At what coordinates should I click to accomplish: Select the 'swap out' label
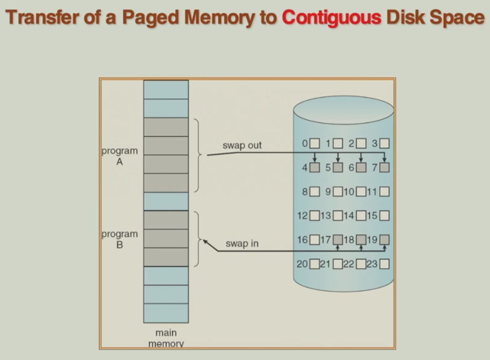242,145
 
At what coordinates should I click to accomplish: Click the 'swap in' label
242,244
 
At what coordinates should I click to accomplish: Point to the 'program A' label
119,156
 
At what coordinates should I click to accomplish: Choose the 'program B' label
119,239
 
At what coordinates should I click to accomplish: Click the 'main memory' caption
165,339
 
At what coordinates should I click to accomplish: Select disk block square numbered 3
384,143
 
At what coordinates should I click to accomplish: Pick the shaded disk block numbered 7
384,167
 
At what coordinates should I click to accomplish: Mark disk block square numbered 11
384,192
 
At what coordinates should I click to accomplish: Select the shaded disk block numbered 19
384,240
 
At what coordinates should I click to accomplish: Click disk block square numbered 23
384,264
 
